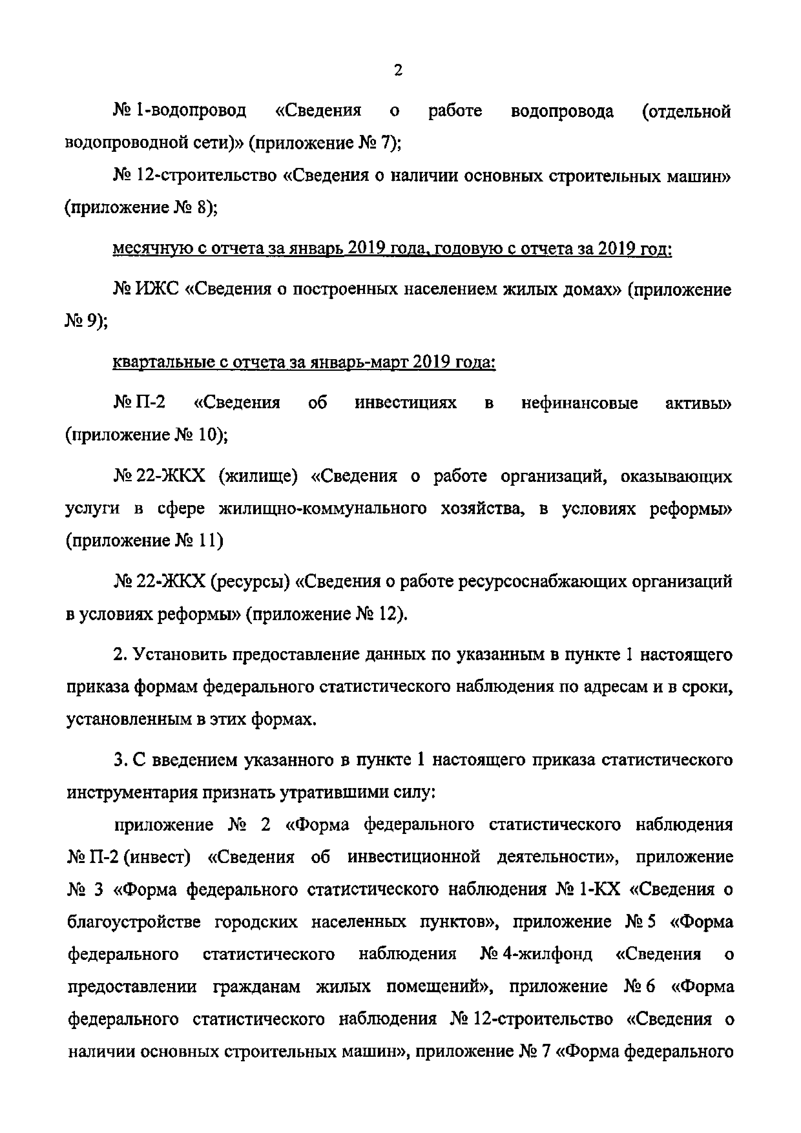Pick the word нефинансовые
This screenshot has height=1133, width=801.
[579, 403]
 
